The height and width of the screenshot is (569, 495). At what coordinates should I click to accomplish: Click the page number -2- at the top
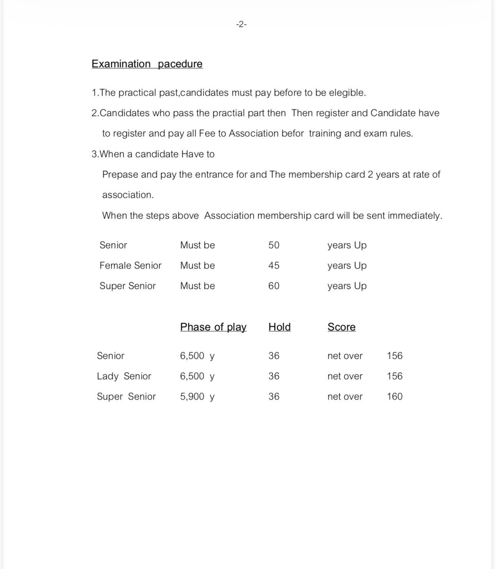[241, 25]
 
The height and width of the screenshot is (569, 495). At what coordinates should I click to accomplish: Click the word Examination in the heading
[121, 64]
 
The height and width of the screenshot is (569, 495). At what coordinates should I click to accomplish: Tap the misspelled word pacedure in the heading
[180, 64]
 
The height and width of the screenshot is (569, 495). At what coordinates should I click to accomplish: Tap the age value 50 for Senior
[274, 245]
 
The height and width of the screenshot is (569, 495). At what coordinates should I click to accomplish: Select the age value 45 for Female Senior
[274, 265]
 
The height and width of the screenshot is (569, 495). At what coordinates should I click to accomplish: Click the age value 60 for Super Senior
[274, 286]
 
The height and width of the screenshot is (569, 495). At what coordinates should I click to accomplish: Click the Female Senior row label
[130, 265]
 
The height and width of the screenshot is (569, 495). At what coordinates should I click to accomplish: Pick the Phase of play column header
[213, 327]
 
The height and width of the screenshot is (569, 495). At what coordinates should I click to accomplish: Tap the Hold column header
[279, 327]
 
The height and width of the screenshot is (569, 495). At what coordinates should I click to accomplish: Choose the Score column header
[342, 327]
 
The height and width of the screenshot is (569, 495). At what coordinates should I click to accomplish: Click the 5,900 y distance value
[197, 396]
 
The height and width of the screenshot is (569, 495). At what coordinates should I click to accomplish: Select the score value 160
[394, 396]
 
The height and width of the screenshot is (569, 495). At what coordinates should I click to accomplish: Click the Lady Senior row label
[124, 376]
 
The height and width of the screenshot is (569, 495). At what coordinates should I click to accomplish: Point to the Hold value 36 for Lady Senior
[274, 376]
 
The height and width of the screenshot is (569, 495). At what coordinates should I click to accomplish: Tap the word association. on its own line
[128, 195]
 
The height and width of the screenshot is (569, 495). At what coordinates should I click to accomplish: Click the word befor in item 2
[292, 133]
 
